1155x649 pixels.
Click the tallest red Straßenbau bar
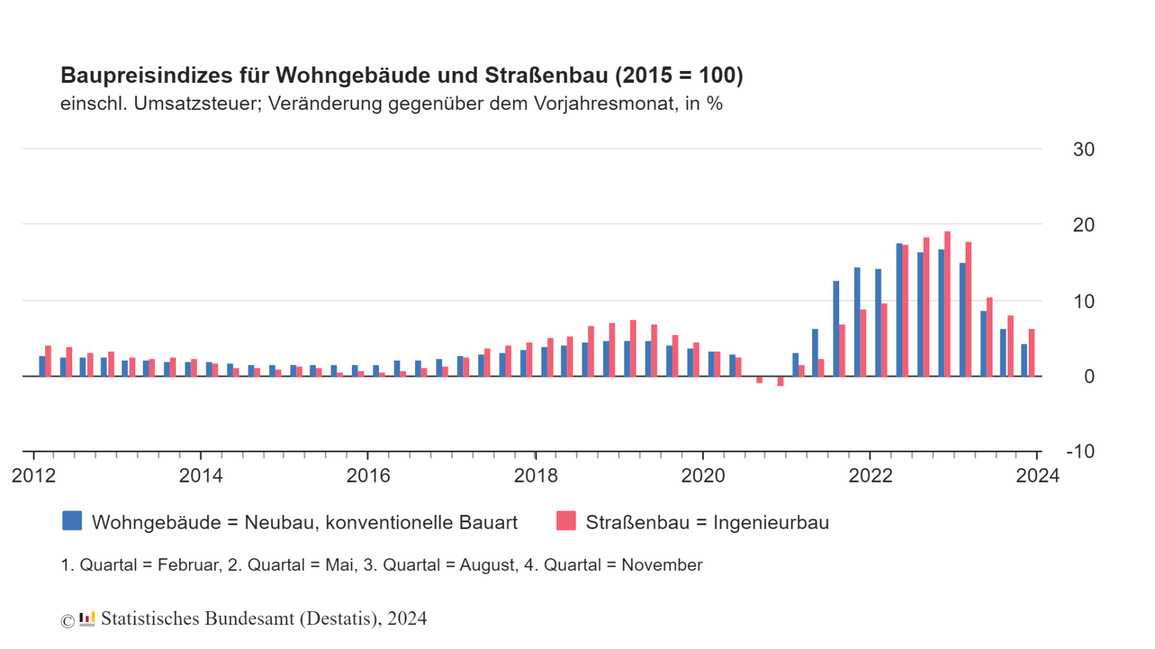tap(947, 304)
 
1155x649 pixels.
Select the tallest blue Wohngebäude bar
tap(899, 310)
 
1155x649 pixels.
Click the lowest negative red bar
tap(780, 382)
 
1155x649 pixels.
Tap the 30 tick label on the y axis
tap(1083, 150)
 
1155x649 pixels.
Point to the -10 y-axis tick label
tap(1080, 451)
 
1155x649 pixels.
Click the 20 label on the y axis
tap(1083, 225)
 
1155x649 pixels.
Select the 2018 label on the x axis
tap(535, 476)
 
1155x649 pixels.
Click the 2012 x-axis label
tap(34, 476)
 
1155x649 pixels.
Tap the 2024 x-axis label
tap(1037, 476)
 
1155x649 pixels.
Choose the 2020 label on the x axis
tap(703, 476)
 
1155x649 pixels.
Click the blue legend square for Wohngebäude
tap(72, 521)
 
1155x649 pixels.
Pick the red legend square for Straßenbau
tap(566, 521)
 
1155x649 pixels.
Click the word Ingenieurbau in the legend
tap(771, 523)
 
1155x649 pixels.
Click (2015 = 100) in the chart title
tap(679, 76)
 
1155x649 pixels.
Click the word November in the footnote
tap(662, 565)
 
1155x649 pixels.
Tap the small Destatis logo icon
tap(87, 619)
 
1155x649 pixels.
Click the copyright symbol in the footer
tap(67, 621)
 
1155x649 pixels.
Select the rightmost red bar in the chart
tap(1031, 353)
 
